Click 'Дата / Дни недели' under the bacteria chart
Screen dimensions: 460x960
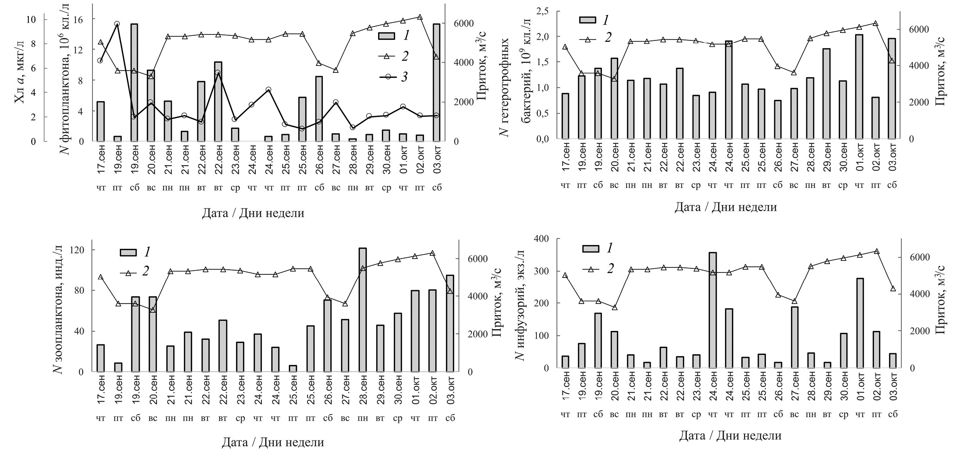pos(725,207)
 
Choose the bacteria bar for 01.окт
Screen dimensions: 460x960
pos(859,86)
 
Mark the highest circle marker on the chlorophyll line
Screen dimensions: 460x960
pos(117,24)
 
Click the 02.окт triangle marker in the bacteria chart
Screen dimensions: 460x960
pos(875,23)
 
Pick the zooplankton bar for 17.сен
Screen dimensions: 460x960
pos(101,358)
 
